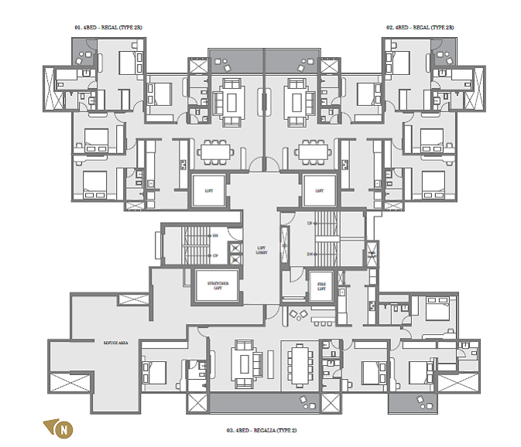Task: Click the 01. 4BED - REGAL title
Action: [x=108, y=27]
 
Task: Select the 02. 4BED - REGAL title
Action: [x=420, y=27]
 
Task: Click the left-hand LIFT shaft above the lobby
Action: [x=208, y=189]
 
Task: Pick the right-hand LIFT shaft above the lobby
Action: [x=318, y=189]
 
